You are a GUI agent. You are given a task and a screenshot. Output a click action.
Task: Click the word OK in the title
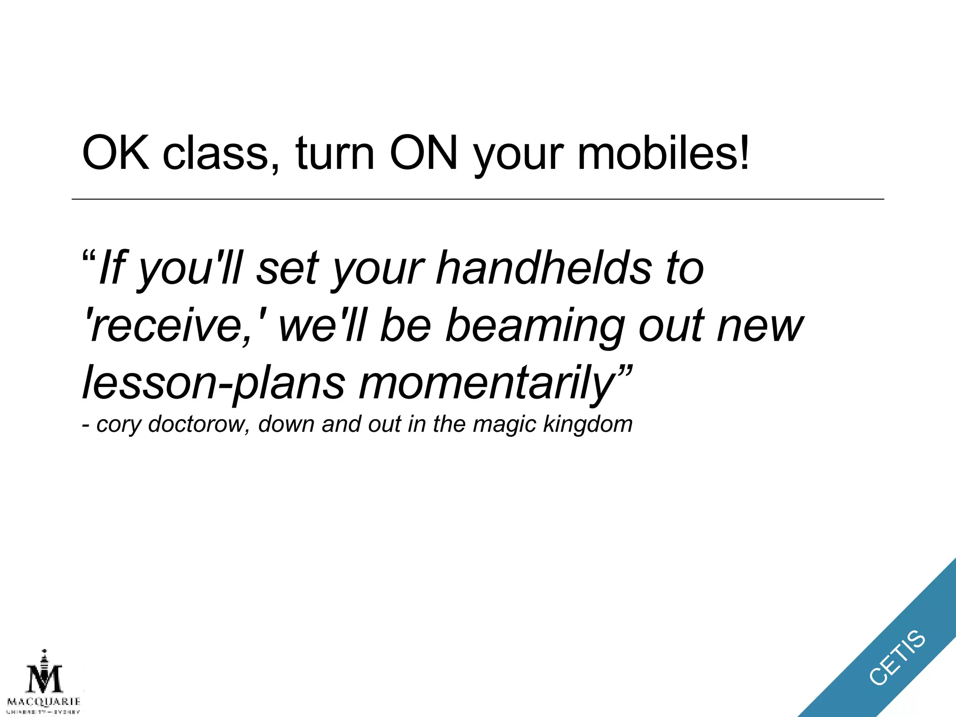116,153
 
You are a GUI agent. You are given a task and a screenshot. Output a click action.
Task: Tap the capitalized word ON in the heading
424,153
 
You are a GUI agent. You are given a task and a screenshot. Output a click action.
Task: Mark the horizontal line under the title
478,199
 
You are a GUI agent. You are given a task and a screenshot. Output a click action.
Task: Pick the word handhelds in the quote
543,268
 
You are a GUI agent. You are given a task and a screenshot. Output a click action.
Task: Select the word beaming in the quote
535,326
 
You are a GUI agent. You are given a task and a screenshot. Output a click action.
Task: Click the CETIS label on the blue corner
897,658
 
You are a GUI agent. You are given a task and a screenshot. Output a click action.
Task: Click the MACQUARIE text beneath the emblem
44,702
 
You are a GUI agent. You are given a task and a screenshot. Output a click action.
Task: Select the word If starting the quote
112,268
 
